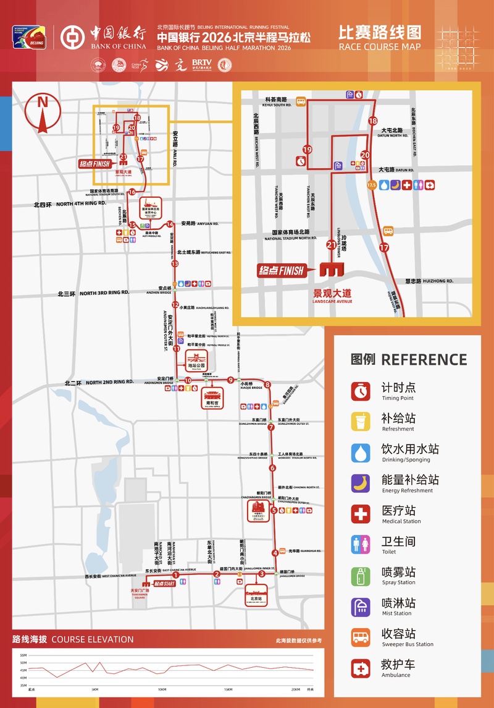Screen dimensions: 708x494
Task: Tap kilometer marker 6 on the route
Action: [x=272, y=468]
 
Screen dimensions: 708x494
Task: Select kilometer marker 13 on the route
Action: [x=175, y=264]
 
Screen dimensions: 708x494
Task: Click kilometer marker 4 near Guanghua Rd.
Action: [x=275, y=553]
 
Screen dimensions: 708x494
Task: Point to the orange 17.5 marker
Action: [x=372, y=185]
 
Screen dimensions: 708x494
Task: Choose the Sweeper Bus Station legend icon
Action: [x=361, y=637]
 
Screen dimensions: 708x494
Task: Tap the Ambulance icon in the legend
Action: [x=361, y=668]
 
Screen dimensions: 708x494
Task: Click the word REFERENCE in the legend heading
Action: [x=424, y=360]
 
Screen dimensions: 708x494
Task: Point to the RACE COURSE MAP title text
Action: [x=380, y=47]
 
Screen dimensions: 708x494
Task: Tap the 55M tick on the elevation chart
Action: [x=23, y=655]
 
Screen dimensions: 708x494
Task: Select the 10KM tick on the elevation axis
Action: [x=162, y=689]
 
